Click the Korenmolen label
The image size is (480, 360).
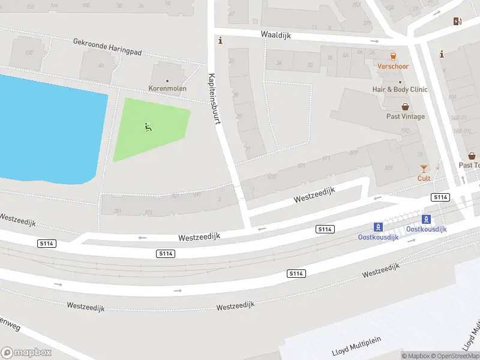tap(167, 89)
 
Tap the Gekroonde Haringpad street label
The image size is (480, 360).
tap(107, 47)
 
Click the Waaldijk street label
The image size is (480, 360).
tap(276, 35)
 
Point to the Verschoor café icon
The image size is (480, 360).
tap(394, 56)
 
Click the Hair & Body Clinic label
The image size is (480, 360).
tap(400, 89)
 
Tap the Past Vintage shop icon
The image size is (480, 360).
tap(406, 107)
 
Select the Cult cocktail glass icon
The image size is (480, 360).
tap(424, 169)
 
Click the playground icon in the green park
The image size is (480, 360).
tap(148, 127)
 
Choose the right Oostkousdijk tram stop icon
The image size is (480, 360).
tap(427, 219)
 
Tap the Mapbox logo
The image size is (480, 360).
tap(26, 353)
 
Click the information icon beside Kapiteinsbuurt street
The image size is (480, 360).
tap(221, 41)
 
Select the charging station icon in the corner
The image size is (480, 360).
tap(458, 21)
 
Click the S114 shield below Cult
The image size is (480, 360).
tap(440, 197)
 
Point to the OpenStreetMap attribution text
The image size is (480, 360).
tap(456, 356)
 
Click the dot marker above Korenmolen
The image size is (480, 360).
tap(167, 81)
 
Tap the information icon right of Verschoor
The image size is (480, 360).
tap(442, 54)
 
